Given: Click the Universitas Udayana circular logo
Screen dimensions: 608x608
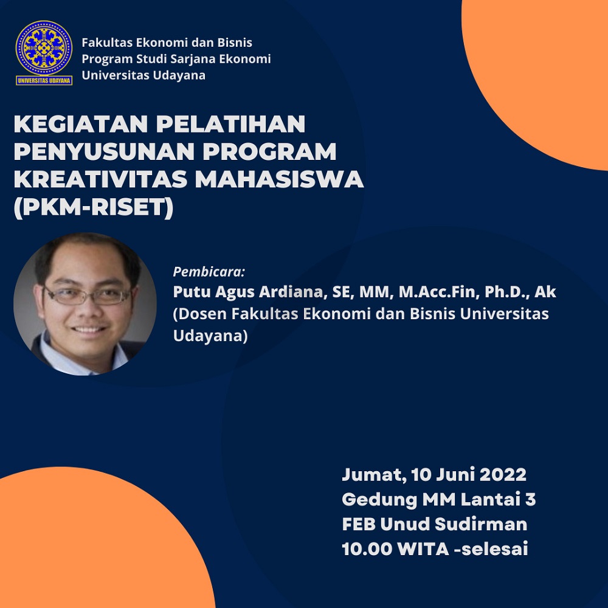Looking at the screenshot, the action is pyautogui.click(x=44, y=47).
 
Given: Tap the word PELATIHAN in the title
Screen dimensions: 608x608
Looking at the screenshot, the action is pyautogui.click(x=230, y=123).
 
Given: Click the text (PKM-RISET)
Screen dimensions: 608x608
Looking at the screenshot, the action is pyautogui.click(x=94, y=207).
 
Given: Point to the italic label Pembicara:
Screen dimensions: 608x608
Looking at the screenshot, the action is pyautogui.click(x=209, y=272).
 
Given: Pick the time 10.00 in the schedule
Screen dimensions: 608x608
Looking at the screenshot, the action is pyautogui.click(x=367, y=549).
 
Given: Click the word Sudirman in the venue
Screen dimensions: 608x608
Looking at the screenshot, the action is pyautogui.click(x=481, y=524).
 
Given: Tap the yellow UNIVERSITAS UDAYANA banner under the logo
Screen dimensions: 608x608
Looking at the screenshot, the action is pyautogui.click(x=44, y=80).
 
